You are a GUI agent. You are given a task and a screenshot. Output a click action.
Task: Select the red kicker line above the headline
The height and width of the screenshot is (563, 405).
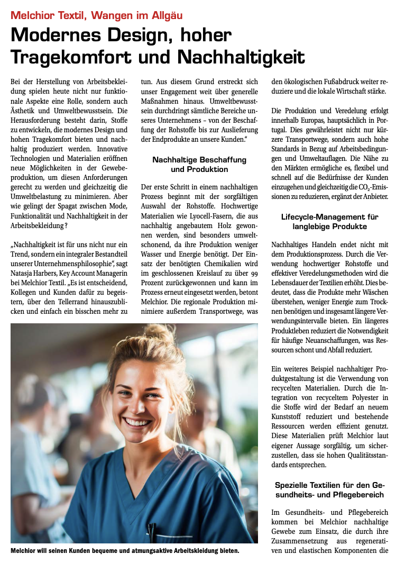pyautogui.click(x=96, y=14)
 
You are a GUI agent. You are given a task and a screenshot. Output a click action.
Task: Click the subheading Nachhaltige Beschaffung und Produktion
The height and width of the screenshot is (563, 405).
pyautogui.click(x=199, y=165)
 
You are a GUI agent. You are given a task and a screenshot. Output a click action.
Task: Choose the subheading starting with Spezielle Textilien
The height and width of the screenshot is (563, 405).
pyautogui.click(x=329, y=490)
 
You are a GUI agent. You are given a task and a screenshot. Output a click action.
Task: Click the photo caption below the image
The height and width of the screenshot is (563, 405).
pyautogui.click(x=125, y=551)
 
